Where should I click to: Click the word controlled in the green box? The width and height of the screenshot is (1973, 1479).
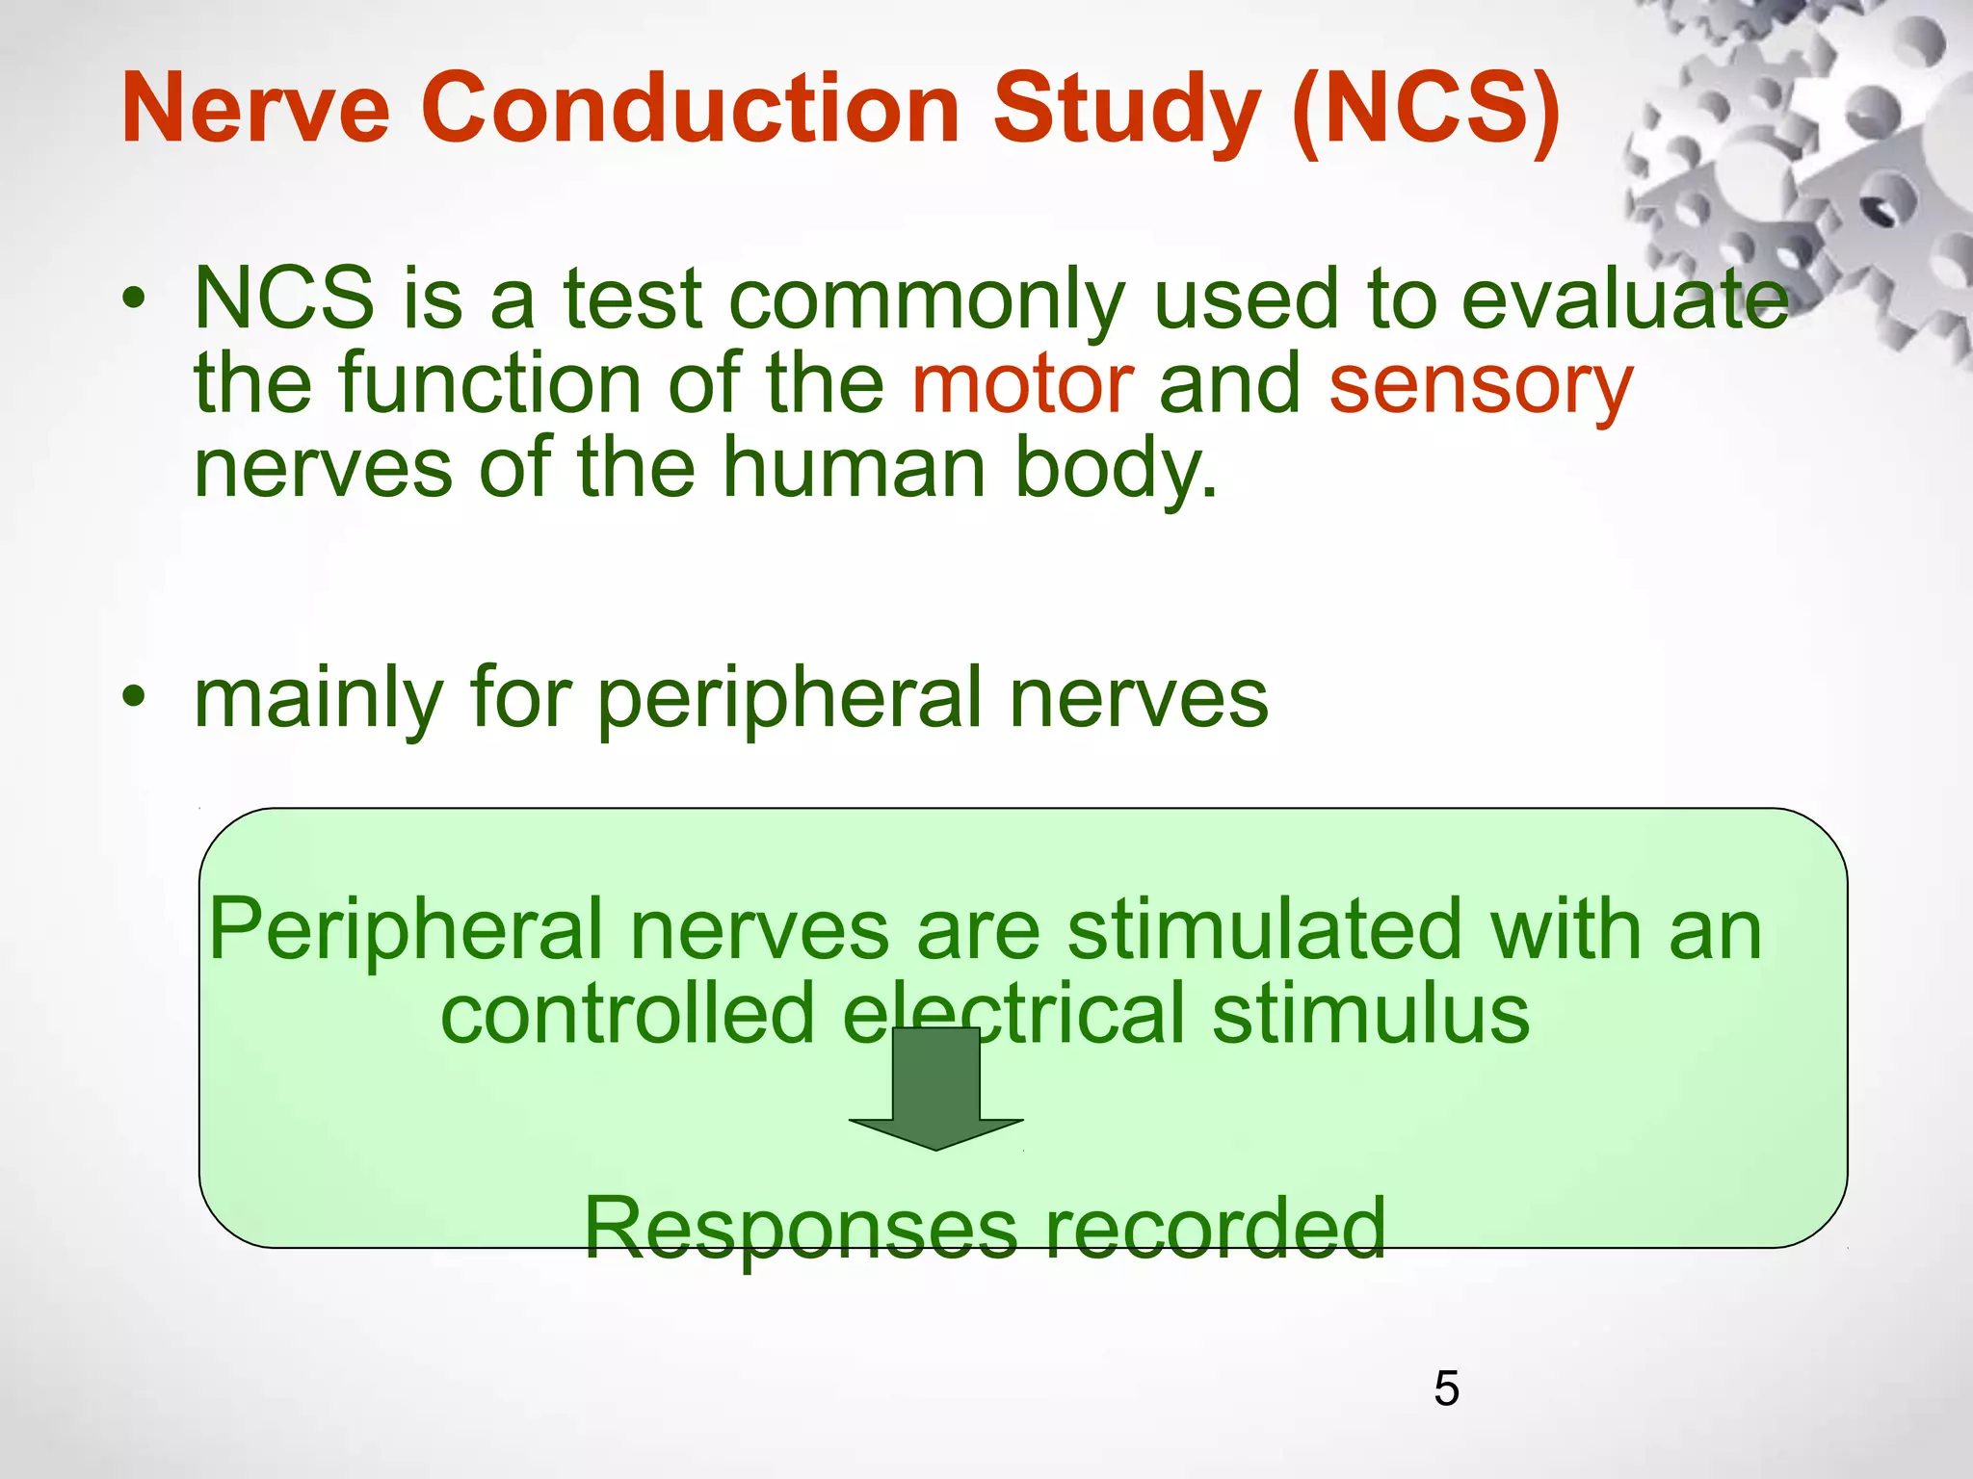(x=627, y=1013)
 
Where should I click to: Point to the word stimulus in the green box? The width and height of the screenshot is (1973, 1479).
(x=1370, y=1013)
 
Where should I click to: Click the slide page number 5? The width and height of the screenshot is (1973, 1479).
(x=1446, y=1388)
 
